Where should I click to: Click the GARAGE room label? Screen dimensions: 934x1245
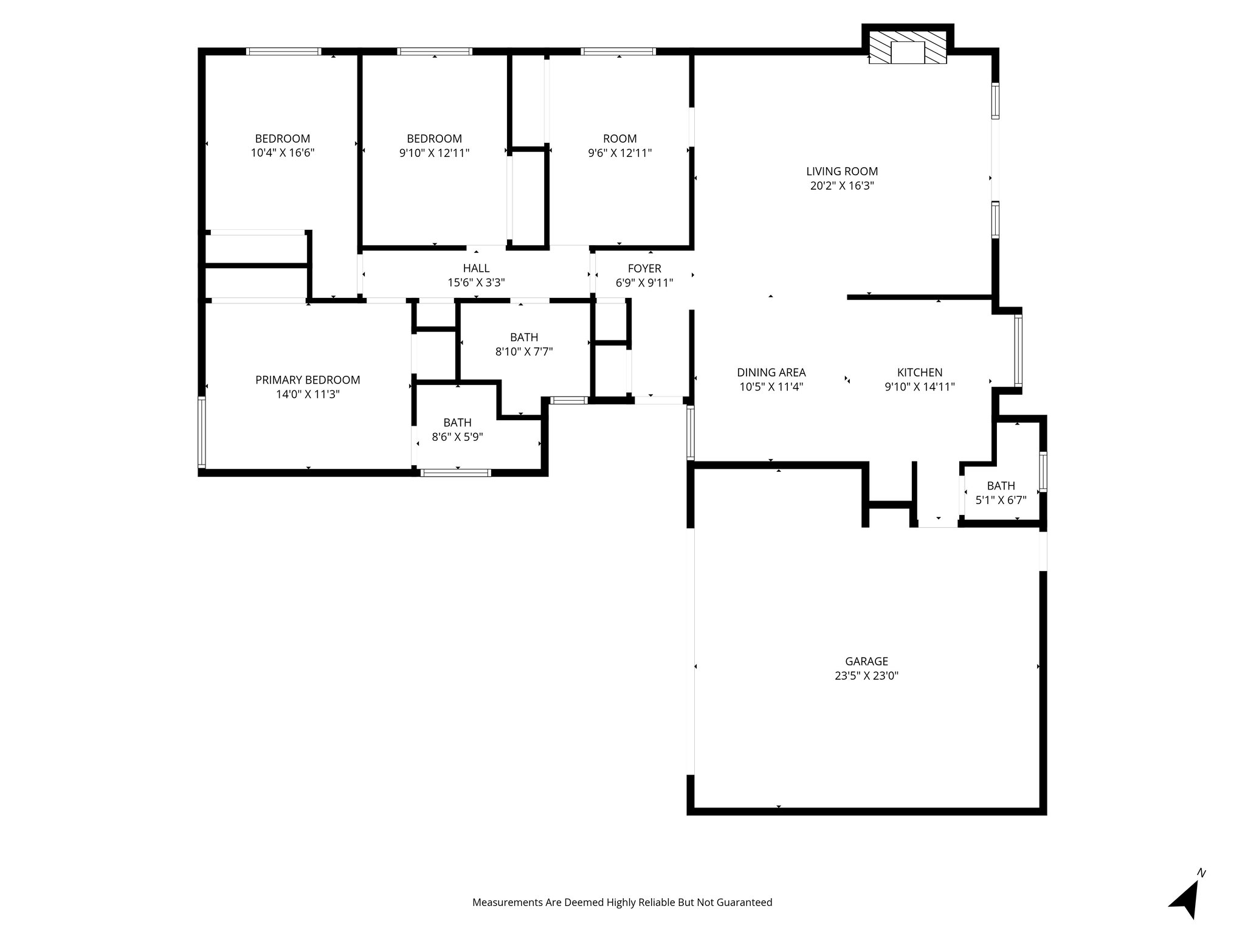[866, 661]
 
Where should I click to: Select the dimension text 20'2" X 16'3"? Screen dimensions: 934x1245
[842, 186]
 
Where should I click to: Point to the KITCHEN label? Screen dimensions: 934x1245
[919, 372]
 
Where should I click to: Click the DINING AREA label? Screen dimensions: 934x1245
[771, 372]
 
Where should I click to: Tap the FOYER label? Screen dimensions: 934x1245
[644, 268]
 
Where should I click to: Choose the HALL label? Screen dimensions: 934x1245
[476, 268]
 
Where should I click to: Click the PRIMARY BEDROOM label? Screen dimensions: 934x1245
[308, 380]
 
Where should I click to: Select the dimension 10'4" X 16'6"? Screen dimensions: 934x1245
[283, 153]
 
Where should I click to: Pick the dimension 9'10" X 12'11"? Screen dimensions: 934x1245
[434, 153]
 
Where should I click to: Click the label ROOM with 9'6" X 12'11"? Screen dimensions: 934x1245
[619, 139]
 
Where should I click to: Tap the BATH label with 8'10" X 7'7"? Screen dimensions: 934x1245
[524, 337]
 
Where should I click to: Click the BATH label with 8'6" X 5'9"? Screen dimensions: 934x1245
[457, 422]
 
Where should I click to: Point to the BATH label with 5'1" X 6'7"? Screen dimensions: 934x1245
[1001, 486]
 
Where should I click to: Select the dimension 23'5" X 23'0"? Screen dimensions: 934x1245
[866, 676]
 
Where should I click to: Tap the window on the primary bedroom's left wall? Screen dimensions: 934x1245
[202, 432]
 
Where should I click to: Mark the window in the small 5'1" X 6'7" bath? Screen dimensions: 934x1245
[1043, 471]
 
